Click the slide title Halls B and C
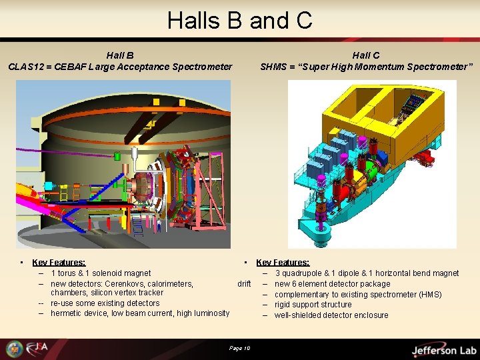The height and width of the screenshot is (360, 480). click(240, 20)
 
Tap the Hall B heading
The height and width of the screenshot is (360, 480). click(120, 55)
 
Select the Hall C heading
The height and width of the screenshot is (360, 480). click(366, 55)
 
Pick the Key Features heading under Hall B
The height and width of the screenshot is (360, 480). click(59, 263)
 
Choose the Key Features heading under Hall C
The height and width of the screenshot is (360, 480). click(283, 263)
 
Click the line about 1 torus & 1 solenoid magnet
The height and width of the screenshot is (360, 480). click(101, 273)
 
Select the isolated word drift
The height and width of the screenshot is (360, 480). click(244, 284)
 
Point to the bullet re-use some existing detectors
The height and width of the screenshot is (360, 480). click(105, 303)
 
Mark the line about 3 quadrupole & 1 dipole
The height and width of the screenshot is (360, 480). click(367, 273)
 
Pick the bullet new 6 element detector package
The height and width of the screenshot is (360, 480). click(332, 284)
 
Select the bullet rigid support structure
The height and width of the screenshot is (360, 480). click(313, 305)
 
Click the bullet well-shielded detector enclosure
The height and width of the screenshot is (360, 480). click(331, 315)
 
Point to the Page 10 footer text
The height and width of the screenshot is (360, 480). click(239, 348)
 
